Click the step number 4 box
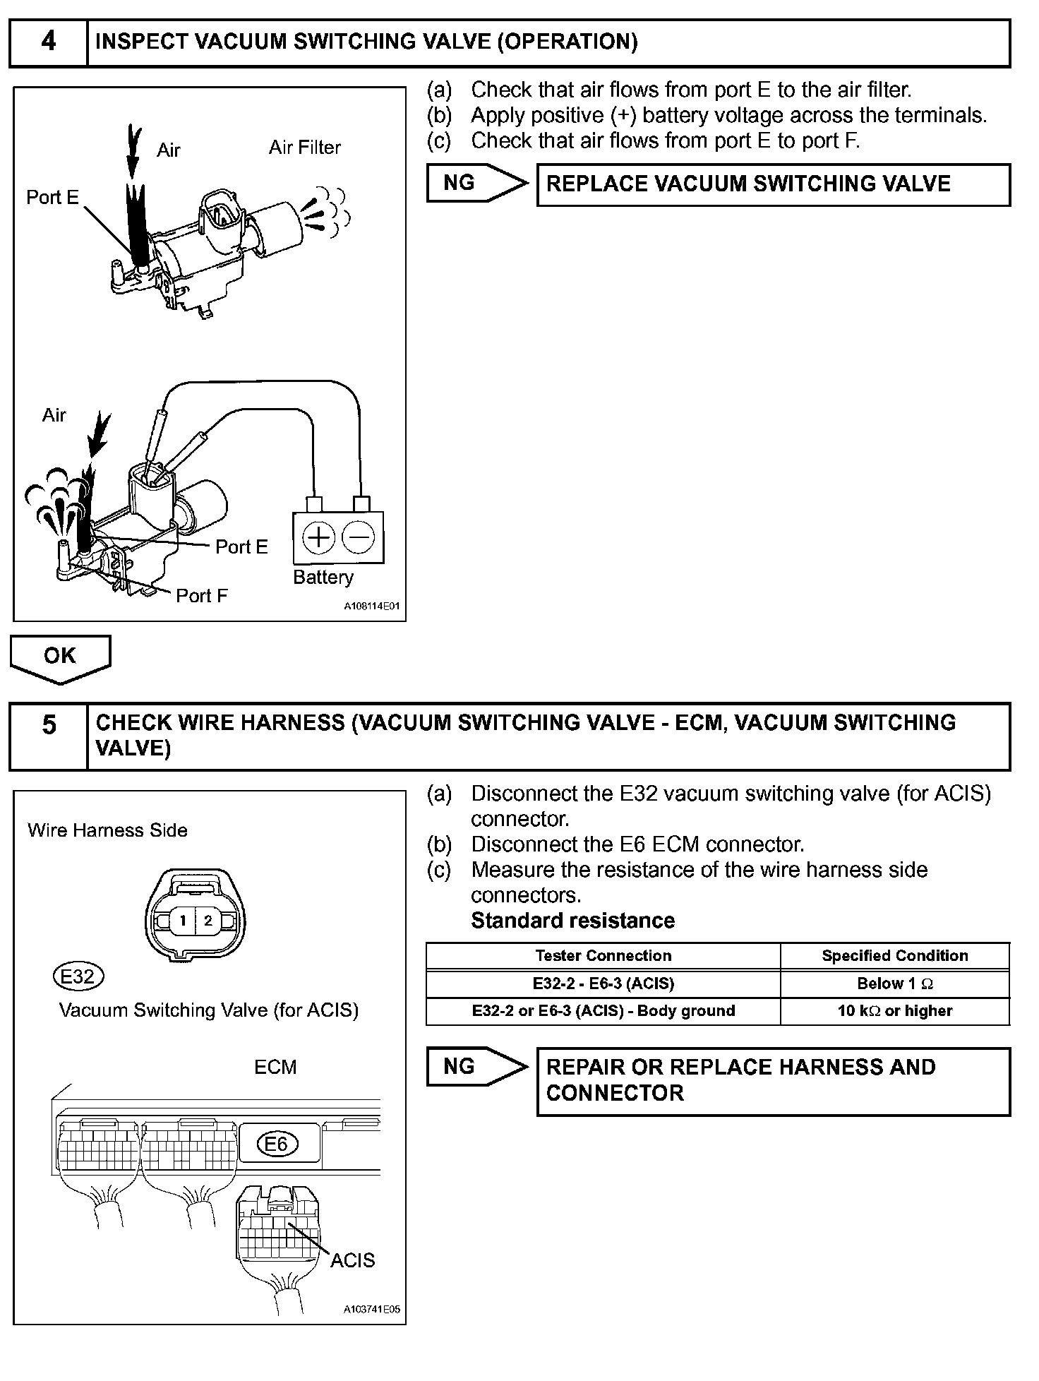48,42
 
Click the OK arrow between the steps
60,657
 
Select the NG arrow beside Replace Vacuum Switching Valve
476,184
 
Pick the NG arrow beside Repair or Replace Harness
476,1067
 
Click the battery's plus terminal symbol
318,538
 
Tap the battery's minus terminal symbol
359,538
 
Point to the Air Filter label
304,148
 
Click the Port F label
201,596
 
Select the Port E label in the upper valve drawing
52,198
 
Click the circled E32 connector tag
78,976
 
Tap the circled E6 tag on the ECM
277,1144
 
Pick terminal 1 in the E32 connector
183,921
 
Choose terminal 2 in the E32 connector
208,921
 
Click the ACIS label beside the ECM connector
352,1260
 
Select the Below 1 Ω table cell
894,984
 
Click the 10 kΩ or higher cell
894,1011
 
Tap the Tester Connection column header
603,956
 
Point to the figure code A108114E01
371,606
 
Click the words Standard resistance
572,921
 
